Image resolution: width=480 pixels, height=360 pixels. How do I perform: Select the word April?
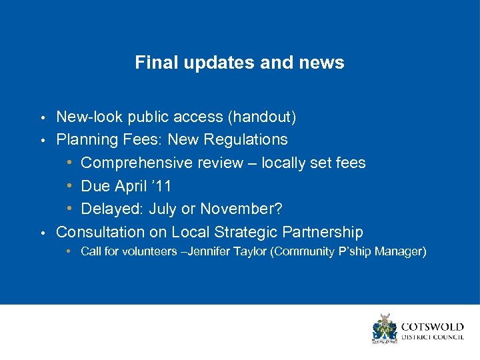(x=133, y=186)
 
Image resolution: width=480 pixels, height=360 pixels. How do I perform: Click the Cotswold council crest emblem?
(x=385, y=329)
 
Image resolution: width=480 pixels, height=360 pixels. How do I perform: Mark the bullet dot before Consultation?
(x=43, y=233)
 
